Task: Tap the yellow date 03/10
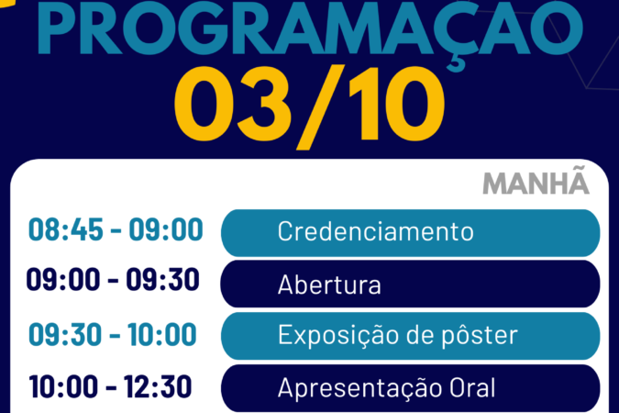(310, 107)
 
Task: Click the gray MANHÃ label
(536, 183)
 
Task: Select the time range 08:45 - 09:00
(116, 229)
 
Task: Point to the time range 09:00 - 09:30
(113, 279)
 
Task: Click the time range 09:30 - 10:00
(113, 334)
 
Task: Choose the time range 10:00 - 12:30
(110, 386)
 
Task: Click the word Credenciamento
(375, 231)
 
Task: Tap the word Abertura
(329, 285)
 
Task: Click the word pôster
(480, 336)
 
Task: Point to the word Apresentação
(359, 388)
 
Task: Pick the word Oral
(472, 387)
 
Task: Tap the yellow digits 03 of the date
(233, 105)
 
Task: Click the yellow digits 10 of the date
(397, 105)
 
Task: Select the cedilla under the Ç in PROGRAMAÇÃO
(457, 64)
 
